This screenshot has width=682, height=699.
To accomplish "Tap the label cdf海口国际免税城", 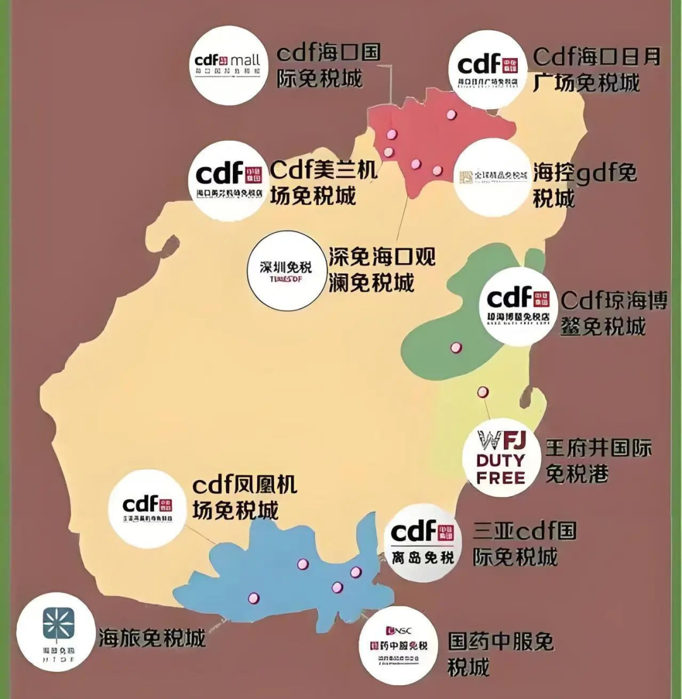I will pos(328,66).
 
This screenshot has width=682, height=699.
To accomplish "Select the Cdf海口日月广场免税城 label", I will pos(596,69).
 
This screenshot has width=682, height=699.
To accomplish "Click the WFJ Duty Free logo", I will pos(502,455).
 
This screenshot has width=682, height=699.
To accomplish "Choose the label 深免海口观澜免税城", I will pos(381,269).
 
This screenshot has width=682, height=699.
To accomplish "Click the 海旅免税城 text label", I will pos(152,638).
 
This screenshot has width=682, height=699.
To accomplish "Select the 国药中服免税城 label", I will pos(500,654).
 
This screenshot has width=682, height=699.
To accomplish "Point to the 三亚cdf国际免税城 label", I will pos(524,544).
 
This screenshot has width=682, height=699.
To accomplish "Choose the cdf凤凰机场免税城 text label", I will pos(244,497).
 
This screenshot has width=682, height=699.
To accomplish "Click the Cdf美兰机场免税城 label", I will pos(323,182).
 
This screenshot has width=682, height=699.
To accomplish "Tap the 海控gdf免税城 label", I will pos(585,185).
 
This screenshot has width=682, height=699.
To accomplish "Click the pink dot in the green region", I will pos(455,347).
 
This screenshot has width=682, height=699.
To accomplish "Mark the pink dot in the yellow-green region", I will pos(483,392).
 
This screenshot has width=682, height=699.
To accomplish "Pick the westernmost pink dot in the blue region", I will pos(254,597).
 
